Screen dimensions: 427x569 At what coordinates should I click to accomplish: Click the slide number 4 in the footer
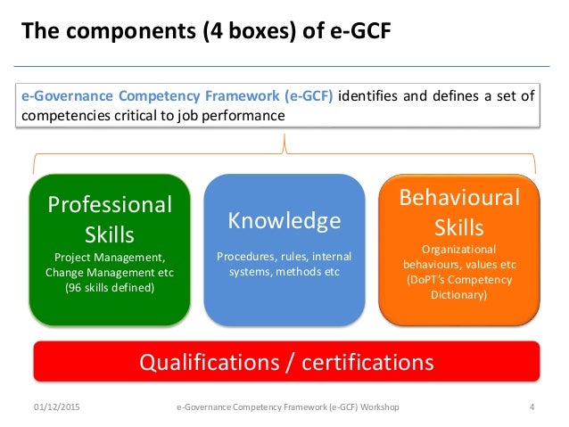click(532, 407)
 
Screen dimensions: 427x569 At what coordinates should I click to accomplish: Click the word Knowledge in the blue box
click(284, 220)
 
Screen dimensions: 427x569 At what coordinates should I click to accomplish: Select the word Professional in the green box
click(110, 204)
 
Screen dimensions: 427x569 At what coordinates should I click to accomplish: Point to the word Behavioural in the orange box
click(458, 197)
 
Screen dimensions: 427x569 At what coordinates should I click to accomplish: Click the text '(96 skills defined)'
click(109, 288)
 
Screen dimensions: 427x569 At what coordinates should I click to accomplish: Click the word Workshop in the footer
click(378, 407)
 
